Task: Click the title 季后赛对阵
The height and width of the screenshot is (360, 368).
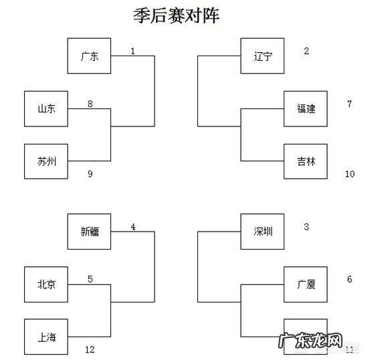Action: (176, 16)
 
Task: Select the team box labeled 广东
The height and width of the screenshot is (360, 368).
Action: (89, 56)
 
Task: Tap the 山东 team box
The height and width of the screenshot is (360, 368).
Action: (46, 109)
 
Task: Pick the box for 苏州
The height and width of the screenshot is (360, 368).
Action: (46, 161)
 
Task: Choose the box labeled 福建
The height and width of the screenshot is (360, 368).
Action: (306, 108)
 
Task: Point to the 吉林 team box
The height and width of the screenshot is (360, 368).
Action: (306, 161)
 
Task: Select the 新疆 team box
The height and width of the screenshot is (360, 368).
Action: (89, 232)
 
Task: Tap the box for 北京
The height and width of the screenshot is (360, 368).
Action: (46, 284)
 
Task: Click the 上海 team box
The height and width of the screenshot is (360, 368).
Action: (46, 337)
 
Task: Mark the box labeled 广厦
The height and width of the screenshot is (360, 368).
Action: (306, 284)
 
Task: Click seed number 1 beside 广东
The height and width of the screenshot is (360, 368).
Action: (132, 51)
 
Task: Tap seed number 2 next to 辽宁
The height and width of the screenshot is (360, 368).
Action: (306, 51)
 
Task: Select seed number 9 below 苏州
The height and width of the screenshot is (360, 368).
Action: (90, 174)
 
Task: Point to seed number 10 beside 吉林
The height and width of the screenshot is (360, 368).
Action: (349, 174)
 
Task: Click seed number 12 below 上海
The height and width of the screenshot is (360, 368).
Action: (90, 349)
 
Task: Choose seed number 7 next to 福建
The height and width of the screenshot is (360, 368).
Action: (349, 104)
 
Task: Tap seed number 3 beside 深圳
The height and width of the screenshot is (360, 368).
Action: (306, 227)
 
